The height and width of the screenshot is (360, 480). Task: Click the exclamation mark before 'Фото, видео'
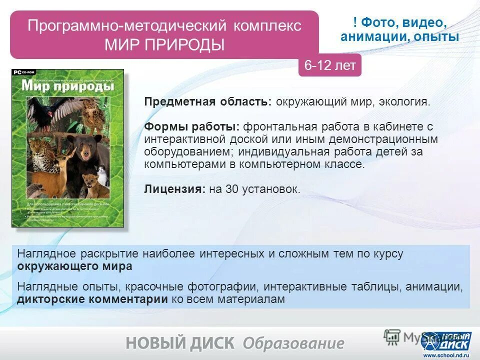pos(354,22)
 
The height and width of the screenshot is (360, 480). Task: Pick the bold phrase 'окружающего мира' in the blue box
pos(75,266)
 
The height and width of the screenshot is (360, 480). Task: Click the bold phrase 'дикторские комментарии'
pos(92,299)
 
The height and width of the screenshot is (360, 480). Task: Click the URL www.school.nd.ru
pos(446,355)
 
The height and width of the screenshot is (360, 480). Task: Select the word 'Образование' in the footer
pos(293,343)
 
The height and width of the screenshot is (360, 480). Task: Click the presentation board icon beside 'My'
pos(392,336)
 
